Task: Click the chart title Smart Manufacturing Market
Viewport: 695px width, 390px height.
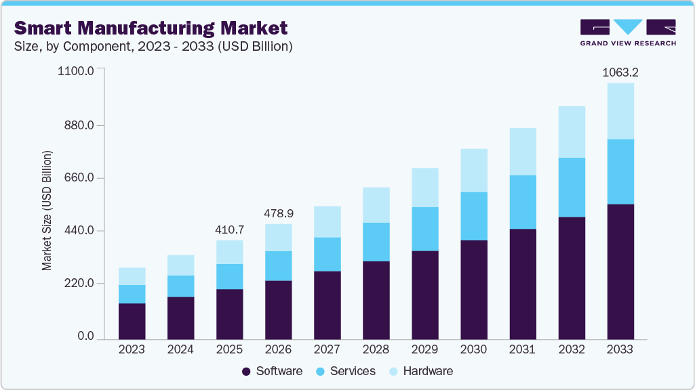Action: (x=151, y=28)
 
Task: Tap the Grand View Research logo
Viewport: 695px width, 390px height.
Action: (x=628, y=32)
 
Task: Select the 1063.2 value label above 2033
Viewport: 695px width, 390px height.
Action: (x=620, y=72)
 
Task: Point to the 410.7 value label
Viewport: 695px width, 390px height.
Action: (x=229, y=230)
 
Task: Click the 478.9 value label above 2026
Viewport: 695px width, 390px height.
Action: (x=278, y=213)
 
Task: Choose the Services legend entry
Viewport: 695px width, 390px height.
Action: (x=346, y=371)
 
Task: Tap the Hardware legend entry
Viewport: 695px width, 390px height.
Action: (x=420, y=371)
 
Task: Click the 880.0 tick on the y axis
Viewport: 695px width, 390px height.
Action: (x=81, y=125)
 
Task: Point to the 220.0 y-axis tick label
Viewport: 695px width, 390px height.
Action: (x=81, y=283)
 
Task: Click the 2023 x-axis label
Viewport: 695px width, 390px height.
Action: (x=132, y=350)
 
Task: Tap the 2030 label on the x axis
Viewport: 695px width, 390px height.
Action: (x=473, y=350)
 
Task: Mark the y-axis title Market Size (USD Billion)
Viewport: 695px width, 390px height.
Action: (x=47, y=211)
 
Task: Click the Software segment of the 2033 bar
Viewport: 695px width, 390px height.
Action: (x=620, y=271)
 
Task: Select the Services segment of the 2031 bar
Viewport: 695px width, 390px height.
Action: (x=523, y=202)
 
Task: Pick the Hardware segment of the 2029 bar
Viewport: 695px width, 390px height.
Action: (x=424, y=187)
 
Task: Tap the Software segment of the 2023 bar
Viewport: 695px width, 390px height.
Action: (x=132, y=321)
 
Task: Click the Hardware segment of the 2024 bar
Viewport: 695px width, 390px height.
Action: (x=180, y=265)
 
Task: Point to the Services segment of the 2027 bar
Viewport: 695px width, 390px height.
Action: (x=327, y=254)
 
